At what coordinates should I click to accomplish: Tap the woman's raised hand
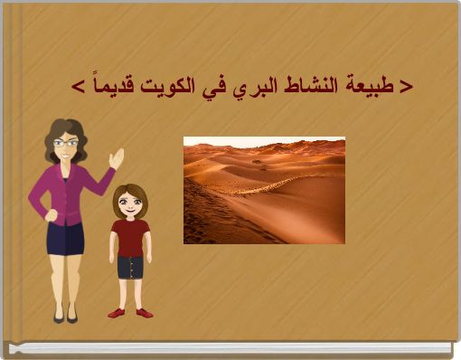[x=117, y=158]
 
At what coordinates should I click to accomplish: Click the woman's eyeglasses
[x=65, y=143]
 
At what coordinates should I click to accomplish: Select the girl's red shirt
[x=130, y=237]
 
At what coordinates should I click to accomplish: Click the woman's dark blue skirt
[x=66, y=237]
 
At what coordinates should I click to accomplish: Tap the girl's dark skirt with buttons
[x=131, y=267]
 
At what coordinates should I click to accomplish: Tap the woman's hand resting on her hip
[x=51, y=216]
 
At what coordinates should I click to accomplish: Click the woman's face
[x=65, y=147]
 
